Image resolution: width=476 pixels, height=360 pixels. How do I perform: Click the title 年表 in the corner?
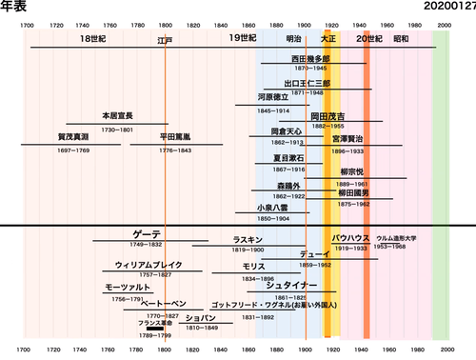point(13,7)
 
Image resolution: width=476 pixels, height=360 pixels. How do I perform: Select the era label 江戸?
point(166,42)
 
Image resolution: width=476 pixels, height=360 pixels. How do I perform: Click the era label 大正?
point(328,39)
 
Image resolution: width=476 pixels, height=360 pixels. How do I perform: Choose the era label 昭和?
point(401,39)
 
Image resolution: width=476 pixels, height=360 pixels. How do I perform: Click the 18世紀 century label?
point(93,38)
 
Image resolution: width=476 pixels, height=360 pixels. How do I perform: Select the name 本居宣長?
point(117,116)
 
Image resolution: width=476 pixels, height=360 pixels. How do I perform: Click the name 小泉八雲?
point(272,208)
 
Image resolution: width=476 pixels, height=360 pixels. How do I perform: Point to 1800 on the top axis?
point(166,25)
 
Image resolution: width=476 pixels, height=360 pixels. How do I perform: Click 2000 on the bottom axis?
point(444,349)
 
